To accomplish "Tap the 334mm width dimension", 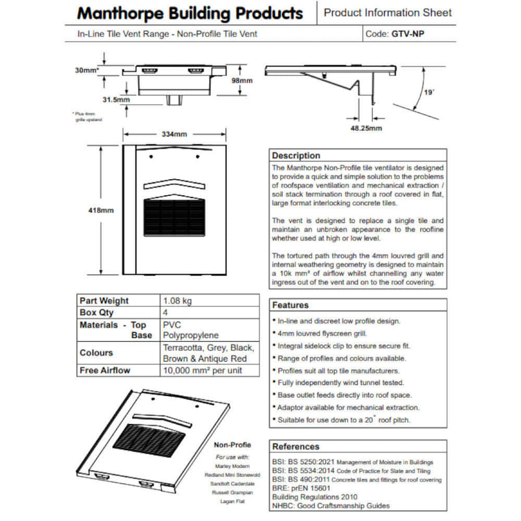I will click(174, 134).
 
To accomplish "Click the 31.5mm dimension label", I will click(115, 100).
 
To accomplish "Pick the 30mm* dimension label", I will click(87, 70).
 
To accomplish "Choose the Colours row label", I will click(96, 352).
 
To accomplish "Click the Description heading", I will click(296, 156).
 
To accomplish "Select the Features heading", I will click(290, 305).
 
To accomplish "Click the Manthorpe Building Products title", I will click(190, 13).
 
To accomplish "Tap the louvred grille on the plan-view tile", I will click(174, 218).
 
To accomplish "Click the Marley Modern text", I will click(232, 466).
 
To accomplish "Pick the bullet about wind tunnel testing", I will click(341, 383).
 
